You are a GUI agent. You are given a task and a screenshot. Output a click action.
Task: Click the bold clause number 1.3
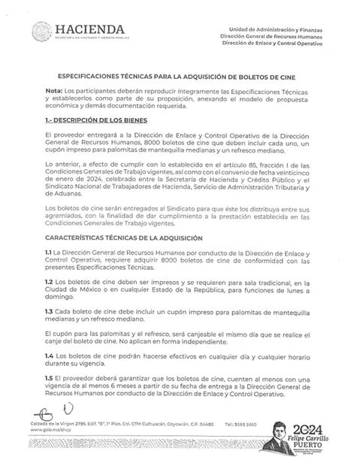point(49,310)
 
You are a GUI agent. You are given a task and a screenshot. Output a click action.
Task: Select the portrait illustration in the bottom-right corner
point(287,436)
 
